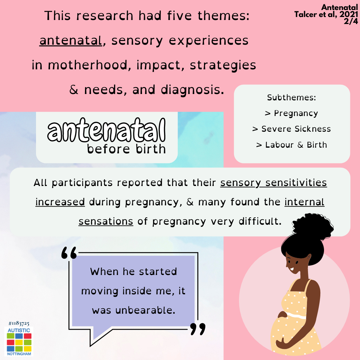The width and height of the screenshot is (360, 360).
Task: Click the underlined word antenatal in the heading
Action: pos(71,41)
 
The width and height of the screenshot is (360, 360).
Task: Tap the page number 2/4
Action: pos(351,21)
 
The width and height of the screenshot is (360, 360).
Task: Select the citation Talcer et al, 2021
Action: pos(326,14)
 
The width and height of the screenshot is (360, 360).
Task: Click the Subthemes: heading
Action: pos(292,98)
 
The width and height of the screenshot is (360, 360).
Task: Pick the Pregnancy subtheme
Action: pos(292,113)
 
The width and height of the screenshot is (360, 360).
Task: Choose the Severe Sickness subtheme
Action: pos(292,129)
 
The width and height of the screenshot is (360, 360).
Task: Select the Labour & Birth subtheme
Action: pos(292,145)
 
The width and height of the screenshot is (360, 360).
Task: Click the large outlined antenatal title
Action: pos(106,130)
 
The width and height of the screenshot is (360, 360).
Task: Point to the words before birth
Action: pos(126,149)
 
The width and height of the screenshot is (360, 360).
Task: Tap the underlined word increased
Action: pos(60,202)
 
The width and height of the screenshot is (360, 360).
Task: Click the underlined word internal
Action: pos(304,202)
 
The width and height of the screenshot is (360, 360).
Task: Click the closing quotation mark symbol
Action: pos(198,329)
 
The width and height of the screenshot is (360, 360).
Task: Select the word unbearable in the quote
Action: pos(145,310)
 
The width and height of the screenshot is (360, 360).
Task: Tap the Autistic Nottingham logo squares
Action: pos(19,342)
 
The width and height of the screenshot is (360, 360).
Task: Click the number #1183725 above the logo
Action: pos(19,323)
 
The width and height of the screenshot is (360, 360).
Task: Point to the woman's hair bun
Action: pos(313,226)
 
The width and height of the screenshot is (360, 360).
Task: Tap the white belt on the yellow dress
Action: pos(296,315)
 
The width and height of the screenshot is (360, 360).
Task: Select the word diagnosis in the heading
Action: pos(192,90)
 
